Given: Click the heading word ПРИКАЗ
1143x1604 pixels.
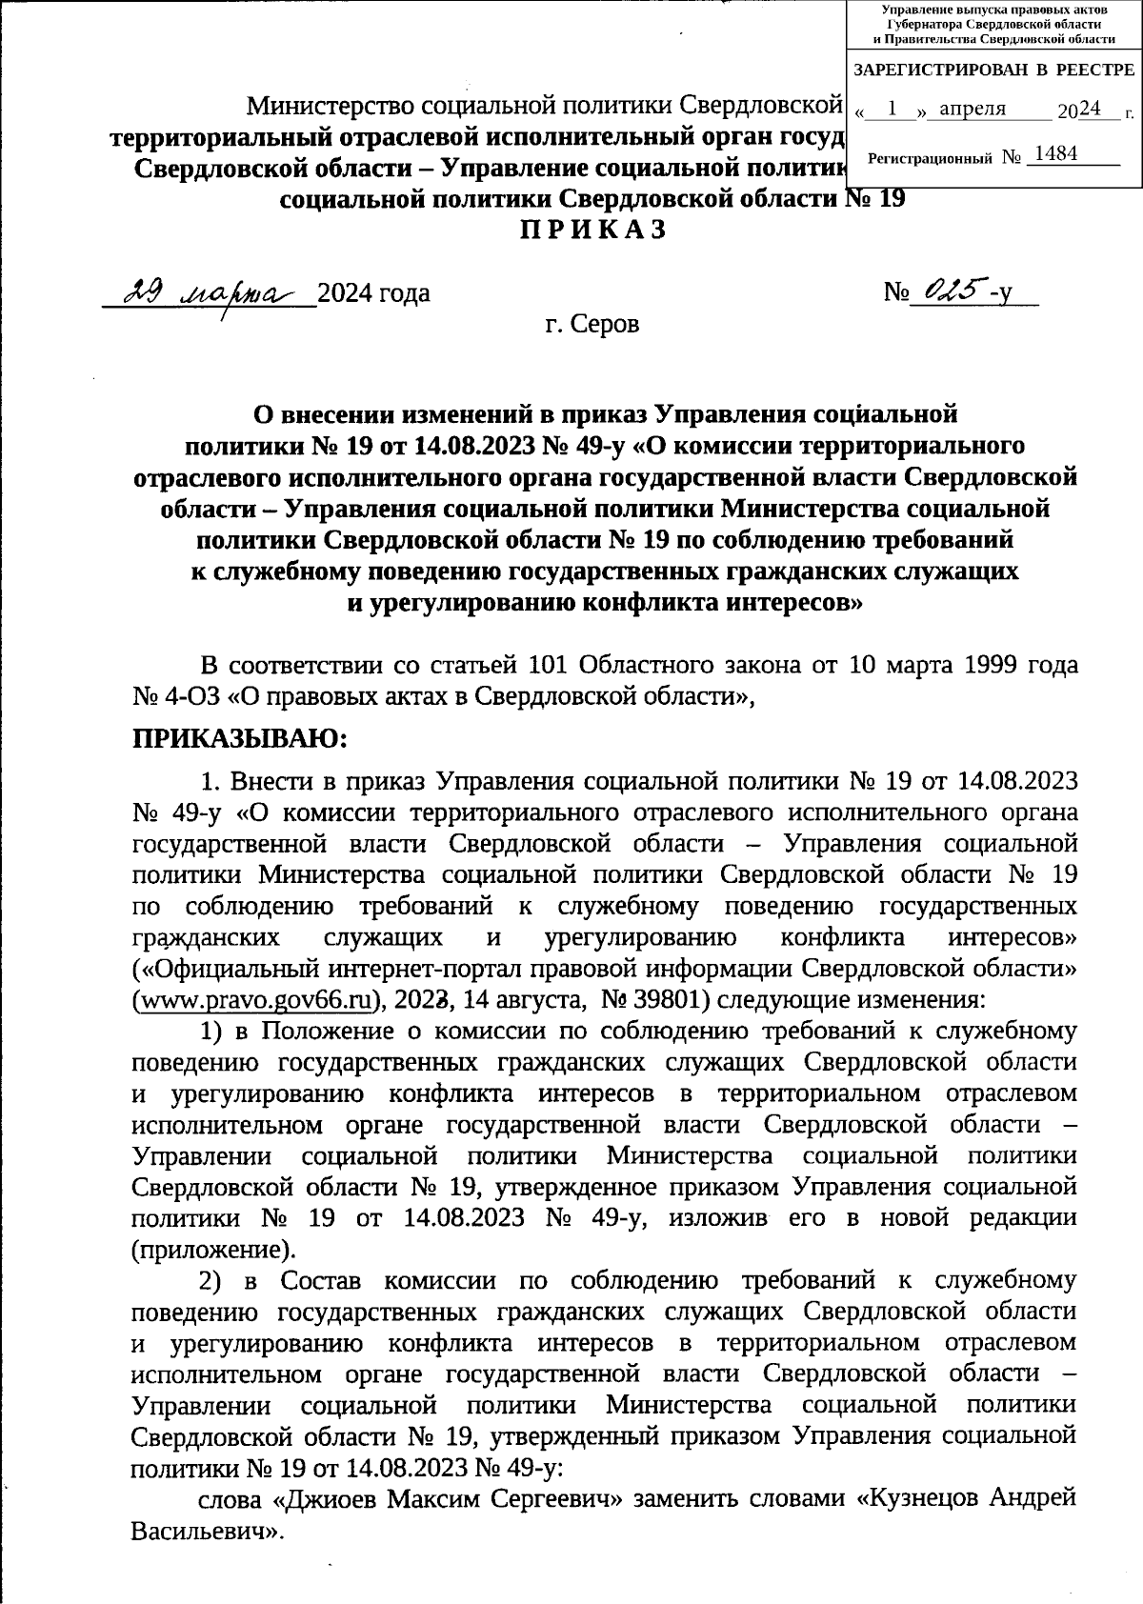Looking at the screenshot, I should coord(592,231).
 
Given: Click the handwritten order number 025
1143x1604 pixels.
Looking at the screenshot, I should coord(947,291).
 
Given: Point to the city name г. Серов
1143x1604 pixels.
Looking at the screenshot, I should coord(592,325).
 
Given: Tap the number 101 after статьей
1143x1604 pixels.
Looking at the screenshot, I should coord(549,664).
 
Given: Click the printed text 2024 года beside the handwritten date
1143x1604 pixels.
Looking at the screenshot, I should coord(372,293).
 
